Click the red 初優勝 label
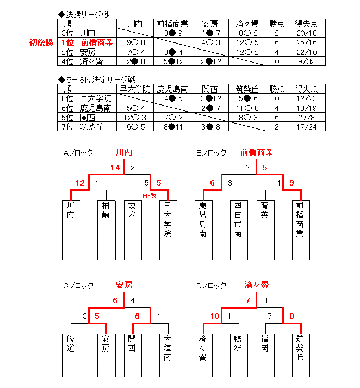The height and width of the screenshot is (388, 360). pyautogui.click(x=41, y=42)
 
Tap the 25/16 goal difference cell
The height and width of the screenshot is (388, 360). pyautogui.click(x=306, y=42)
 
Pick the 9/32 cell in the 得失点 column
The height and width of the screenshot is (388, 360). pyautogui.click(x=306, y=61)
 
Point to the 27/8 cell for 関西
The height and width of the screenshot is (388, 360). pyautogui.click(x=306, y=117)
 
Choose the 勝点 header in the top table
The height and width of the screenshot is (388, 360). pyautogui.click(x=277, y=23)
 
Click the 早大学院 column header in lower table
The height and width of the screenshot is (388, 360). pyautogui.click(x=134, y=89)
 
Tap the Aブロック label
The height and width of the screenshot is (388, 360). pyautogui.click(x=78, y=153)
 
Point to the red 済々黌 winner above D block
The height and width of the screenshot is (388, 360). pyautogui.click(x=257, y=285)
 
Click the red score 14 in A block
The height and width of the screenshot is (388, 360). pyautogui.click(x=115, y=168)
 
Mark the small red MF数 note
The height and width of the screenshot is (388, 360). pyautogui.click(x=150, y=194)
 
